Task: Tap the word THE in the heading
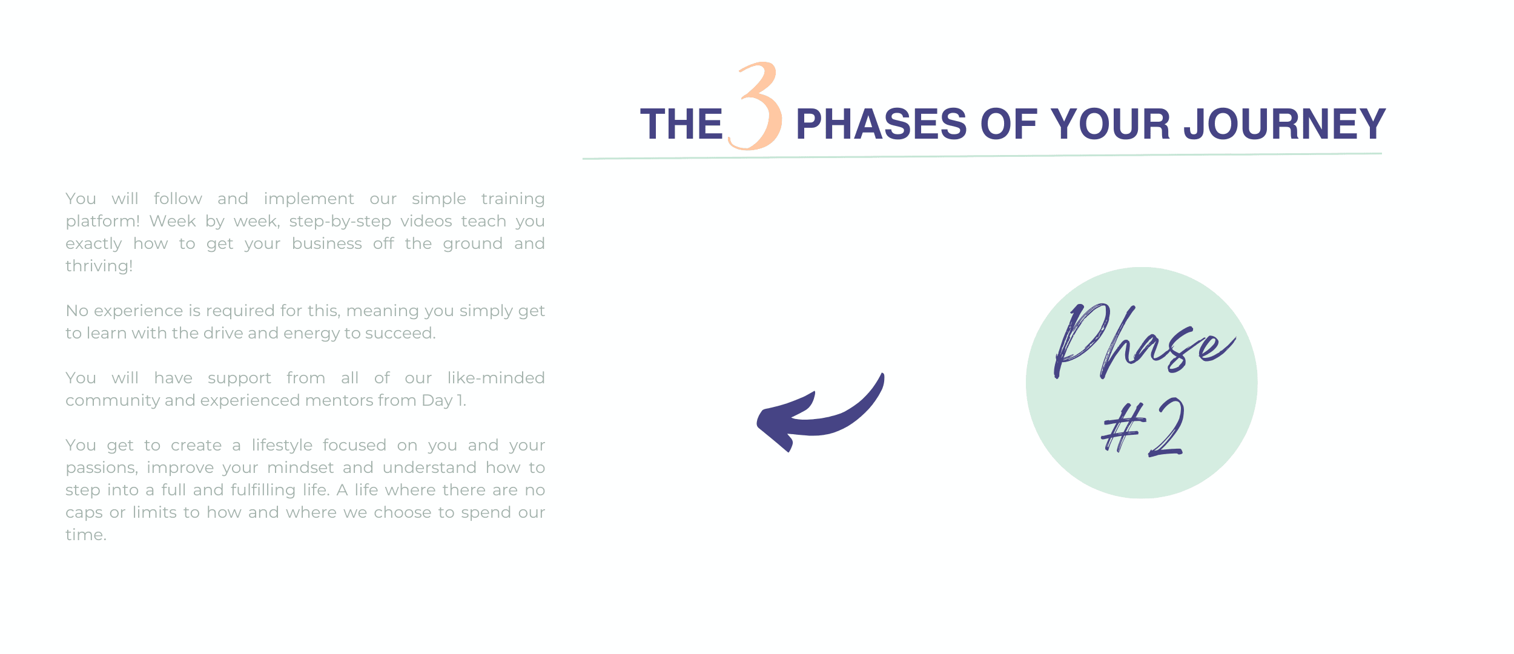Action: [681, 124]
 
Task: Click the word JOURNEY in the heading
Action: [1284, 124]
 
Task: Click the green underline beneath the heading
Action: [982, 156]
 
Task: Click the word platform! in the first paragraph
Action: [102, 222]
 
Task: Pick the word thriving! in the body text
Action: [99, 266]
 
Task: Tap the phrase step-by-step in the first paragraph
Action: [340, 222]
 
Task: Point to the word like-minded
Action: [496, 378]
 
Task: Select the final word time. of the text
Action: [86, 535]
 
